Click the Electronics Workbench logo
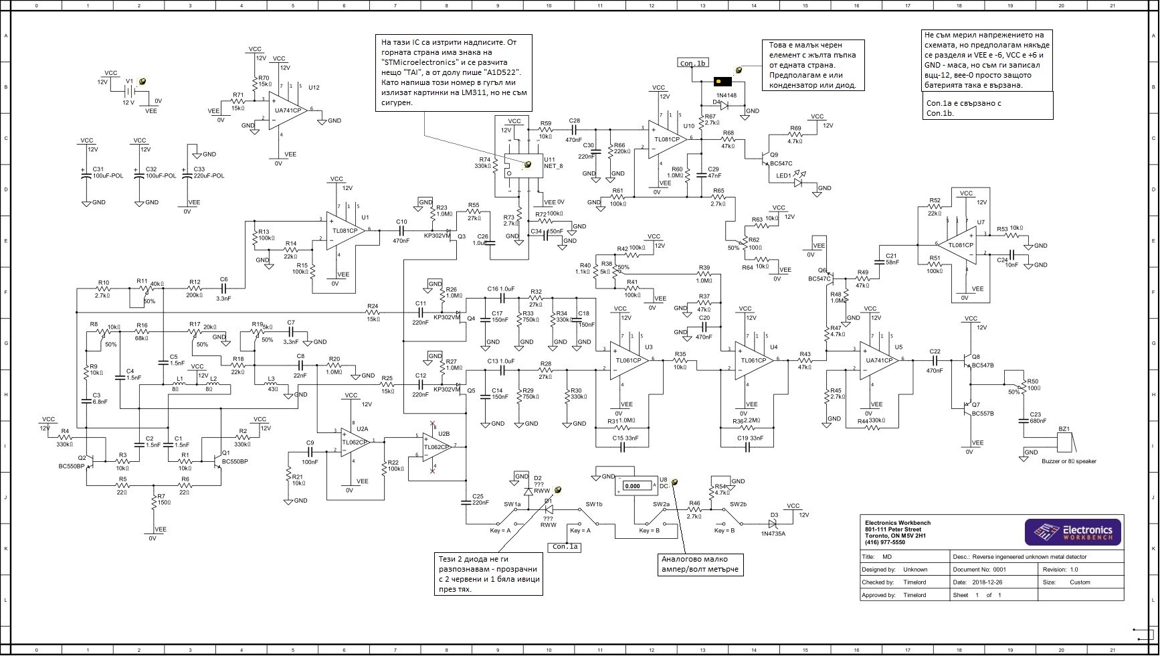coord(1073,532)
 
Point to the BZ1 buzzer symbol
coord(1064,442)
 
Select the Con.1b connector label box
coord(692,63)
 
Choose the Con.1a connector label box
coord(565,547)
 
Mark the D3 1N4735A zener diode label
coord(773,534)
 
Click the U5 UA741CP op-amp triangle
coord(880,360)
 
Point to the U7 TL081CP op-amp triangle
coord(959,244)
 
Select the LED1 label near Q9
coord(783,176)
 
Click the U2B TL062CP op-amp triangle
coord(437,446)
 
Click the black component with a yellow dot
coord(722,82)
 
